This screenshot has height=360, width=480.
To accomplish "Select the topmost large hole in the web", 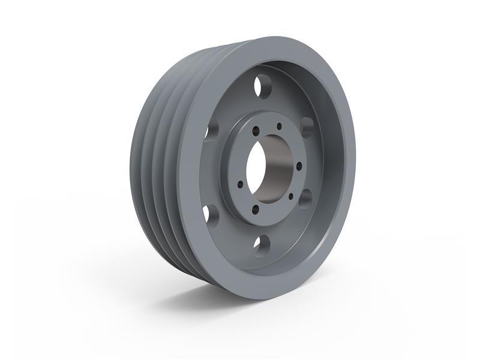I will pos(262,86).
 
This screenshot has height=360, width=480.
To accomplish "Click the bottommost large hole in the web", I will pos(260,244).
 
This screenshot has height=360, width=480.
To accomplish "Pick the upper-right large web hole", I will pos(307,127).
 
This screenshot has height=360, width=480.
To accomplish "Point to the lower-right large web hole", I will pos(305,197).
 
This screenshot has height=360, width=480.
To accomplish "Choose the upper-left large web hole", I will pos(211,130).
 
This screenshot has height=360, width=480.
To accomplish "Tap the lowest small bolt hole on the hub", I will pos(256,209).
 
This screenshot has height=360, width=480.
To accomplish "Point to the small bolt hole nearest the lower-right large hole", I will pos(290,196).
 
